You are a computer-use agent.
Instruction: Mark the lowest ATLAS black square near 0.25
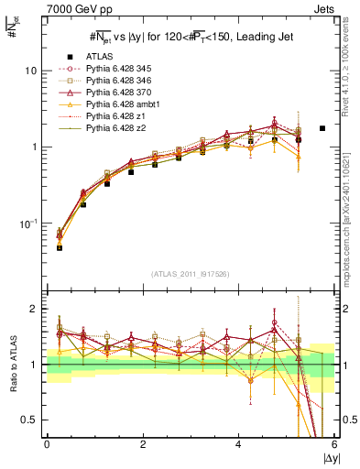coord(60,247)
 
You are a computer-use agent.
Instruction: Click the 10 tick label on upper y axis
coord(30,71)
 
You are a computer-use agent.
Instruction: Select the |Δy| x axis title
coord(329,458)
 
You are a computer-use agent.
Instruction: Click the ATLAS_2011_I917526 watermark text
coord(190,274)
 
